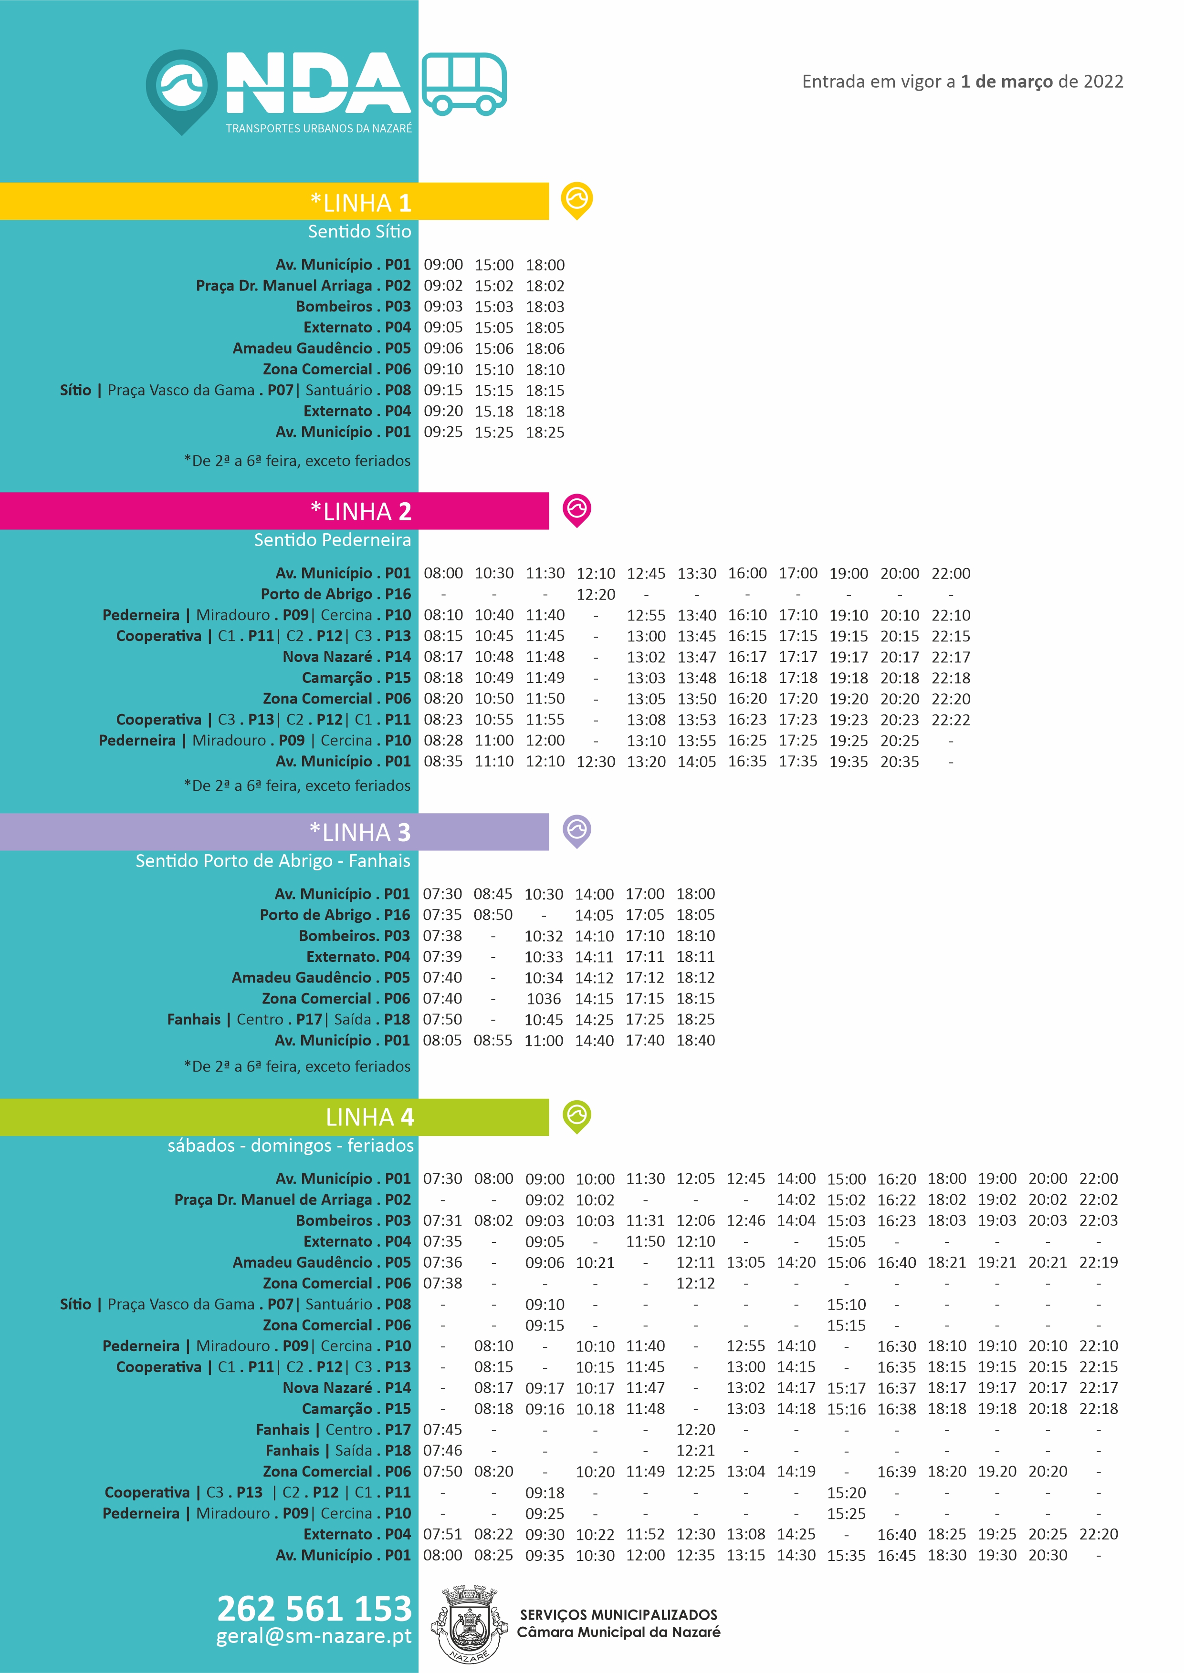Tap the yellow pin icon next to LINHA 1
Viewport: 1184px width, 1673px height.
click(576, 199)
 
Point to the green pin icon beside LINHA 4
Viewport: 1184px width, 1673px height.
click(576, 1115)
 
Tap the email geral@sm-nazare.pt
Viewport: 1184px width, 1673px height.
click(314, 1636)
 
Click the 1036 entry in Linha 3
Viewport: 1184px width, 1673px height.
click(544, 999)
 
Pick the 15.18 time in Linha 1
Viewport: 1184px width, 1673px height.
click(494, 412)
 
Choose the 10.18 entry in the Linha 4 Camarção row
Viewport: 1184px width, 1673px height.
click(596, 1409)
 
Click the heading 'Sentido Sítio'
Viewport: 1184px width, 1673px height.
click(359, 232)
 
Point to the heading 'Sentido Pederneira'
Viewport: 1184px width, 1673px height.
click(333, 540)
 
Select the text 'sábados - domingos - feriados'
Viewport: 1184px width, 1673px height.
click(290, 1146)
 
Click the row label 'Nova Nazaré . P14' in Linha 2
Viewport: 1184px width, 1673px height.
click(346, 657)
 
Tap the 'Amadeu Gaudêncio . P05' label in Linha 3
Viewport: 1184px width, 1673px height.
click(321, 978)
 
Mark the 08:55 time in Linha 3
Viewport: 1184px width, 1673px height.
click(493, 1041)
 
